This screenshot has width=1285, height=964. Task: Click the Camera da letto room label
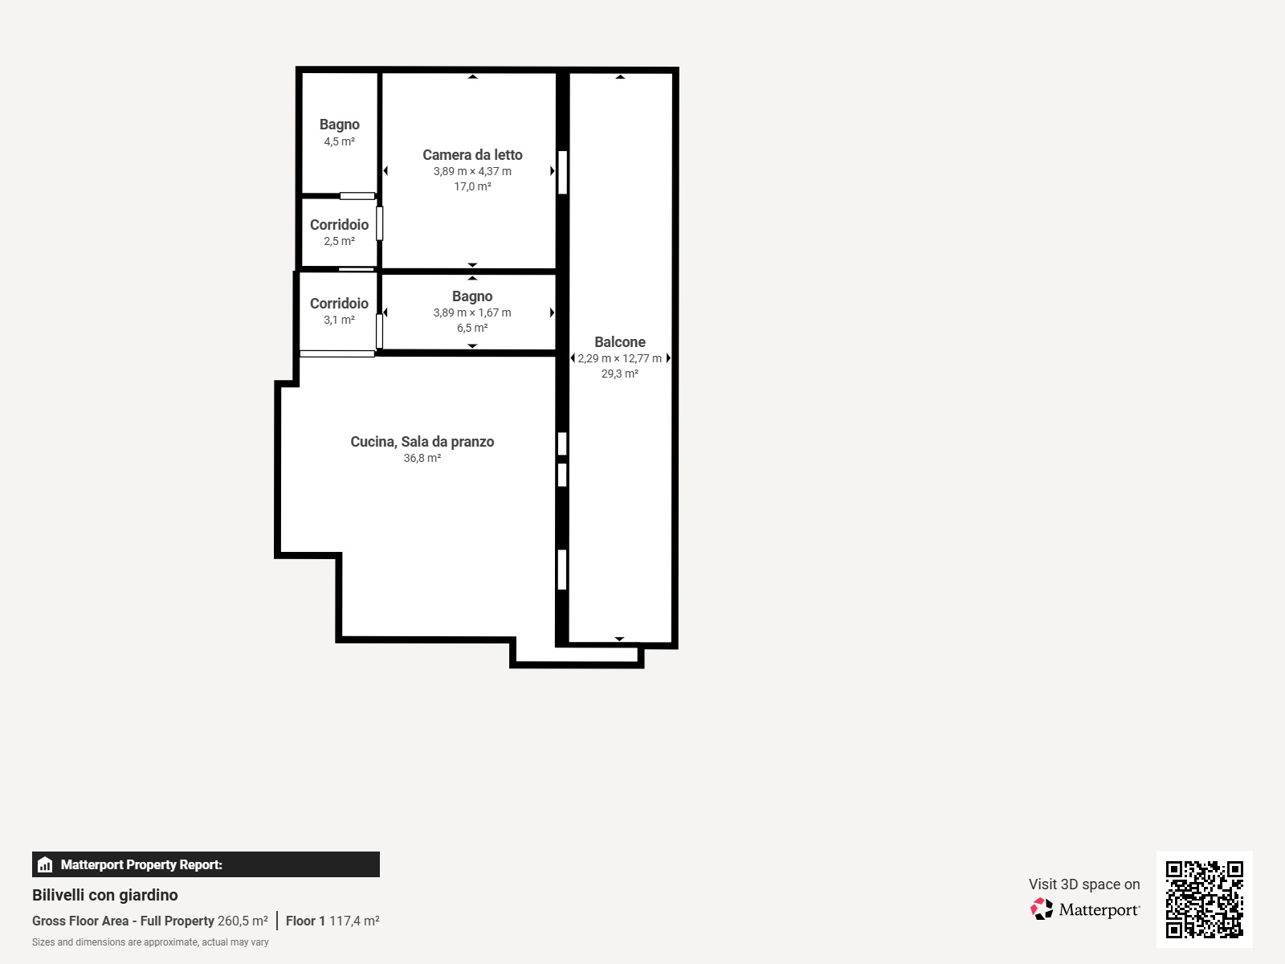pyautogui.click(x=472, y=155)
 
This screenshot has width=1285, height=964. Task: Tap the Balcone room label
pyautogui.click(x=620, y=342)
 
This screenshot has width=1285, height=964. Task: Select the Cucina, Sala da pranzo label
pyautogui.click(x=422, y=442)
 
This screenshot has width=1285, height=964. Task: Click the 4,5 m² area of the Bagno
pyautogui.click(x=340, y=141)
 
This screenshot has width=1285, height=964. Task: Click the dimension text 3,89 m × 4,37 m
pyautogui.click(x=472, y=171)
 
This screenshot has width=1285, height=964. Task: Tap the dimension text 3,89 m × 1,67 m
pyautogui.click(x=472, y=313)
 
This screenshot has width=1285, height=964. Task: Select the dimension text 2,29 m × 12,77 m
pyautogui.click(x=620, y=359)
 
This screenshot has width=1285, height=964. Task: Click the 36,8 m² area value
pyautogui.click(x=422, y=458)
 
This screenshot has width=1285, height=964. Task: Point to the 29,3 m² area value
pyautogui.click(x=620, y=374)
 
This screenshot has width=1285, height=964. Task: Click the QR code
pyautogui.click(x=1204, y=900)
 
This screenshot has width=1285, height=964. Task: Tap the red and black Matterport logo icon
pyautogui.click(x=1042, y=909)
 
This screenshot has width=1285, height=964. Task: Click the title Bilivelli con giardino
pyautogui.click(x=104, y=895)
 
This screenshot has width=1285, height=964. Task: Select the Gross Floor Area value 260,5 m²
pyautogui.click(x=243, y=921)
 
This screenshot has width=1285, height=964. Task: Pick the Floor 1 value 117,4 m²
pyautogui.click(x=354, y=921)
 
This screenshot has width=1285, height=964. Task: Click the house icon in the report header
pyautogui.click(x=45, y=864)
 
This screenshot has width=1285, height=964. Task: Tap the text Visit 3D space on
pyautogui.click(x=1084, y=884)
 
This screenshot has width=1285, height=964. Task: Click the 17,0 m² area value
pyautogui.click(x=472, y=186)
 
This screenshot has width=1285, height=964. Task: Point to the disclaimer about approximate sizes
pyautogui.click(x=150, y=942)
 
